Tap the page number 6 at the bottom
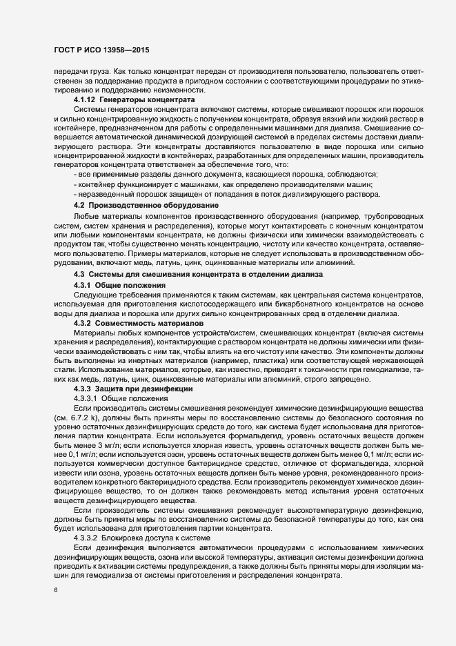tap(55, 590)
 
